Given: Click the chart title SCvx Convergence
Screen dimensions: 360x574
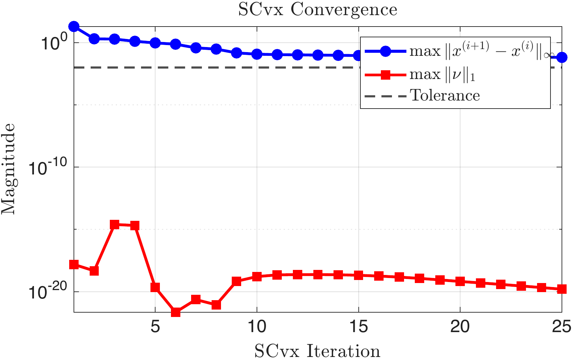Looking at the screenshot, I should pyautogui.click(x=317, y=9).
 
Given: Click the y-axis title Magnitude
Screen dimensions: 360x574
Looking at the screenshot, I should pyautogui.click(x=8, y=169).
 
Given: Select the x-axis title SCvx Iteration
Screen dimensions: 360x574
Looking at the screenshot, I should pyautogui.click(x=317, y=351).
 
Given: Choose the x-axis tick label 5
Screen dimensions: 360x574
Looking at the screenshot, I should pyautogui.click(x=155, y=326).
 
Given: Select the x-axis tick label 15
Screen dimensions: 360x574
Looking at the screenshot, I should pyautogui.click(x=358, y=326).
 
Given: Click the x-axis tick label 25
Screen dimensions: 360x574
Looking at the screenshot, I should pyautogui.click(x=561, y=326).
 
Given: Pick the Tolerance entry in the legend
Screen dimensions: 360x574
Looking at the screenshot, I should pyautogui.click(x=445, y=96).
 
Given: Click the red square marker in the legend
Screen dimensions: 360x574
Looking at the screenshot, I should pyautogui.click(x=386, y=75).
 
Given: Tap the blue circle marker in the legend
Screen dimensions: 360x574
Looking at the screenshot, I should pyautogui.click(x=386, y=51).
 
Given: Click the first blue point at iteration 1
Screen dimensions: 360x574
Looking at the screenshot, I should pyautogui.click(x=74, y=27).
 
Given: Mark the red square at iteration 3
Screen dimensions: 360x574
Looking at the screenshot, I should pyautogui.click(x=115, y=225).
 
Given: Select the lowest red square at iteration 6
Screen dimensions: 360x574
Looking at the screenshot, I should pyautogui.click(x=175, y=312).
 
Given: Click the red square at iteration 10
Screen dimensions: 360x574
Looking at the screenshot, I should pyautogui.click(x=257, y=277).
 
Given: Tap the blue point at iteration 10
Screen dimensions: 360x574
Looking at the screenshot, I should pyautogui.click(x=257, y=54).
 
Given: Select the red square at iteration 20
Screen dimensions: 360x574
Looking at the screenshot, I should pyautogui.click(x=460, y=281).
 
